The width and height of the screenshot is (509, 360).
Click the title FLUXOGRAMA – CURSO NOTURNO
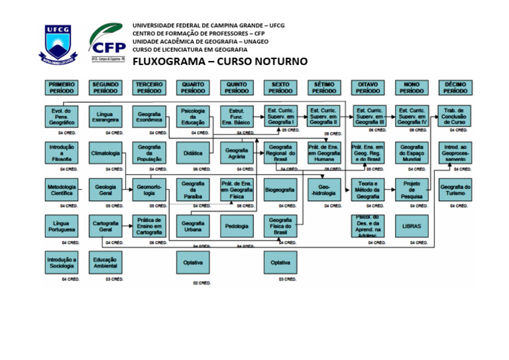pos(220,62)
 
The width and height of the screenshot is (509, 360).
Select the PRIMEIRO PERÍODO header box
pos(61,88)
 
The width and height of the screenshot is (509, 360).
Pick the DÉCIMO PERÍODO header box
pos(455,88)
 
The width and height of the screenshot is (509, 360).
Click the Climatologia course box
pos(105,153)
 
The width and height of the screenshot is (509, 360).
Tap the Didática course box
pos(193,153)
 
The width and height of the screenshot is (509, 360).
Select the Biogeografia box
pos(280,190)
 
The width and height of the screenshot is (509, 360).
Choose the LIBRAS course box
pos(412,225)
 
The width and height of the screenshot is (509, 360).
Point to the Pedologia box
pos(237,226)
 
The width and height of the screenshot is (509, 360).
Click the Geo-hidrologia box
pos(325,190)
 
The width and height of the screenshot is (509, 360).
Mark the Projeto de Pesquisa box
pos(412,190)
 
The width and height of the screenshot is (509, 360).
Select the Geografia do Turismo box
pos(455,190)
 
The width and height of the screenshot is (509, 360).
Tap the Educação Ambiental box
pos(105,263)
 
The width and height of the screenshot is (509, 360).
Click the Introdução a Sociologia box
pos(61,263)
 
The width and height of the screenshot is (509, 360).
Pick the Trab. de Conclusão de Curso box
pos(455,116)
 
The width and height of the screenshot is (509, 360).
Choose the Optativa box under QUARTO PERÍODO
pos(193,263)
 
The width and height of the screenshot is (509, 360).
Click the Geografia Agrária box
pos(237,153)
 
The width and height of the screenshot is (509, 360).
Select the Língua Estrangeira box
pos(105,116)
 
